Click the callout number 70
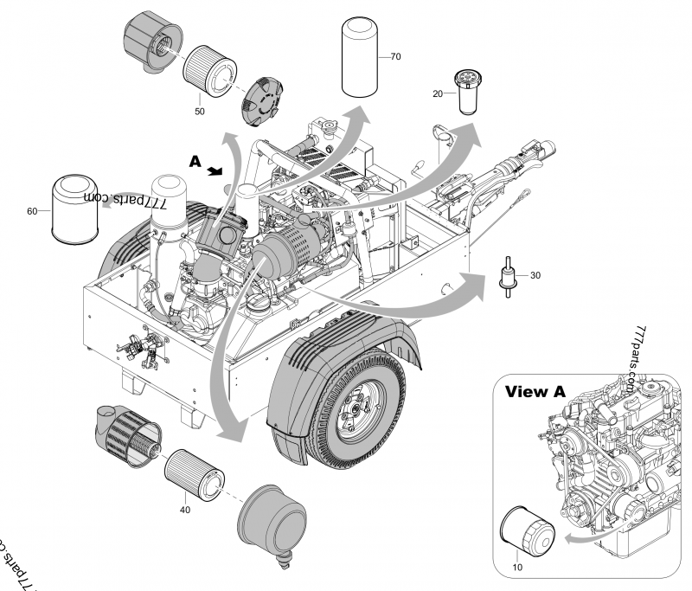pos(395,57)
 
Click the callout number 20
pos(438,93)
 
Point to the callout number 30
pos(535,275)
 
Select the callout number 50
pos(199,111)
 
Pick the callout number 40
pos(185,510)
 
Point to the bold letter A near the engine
pos(196,161)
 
